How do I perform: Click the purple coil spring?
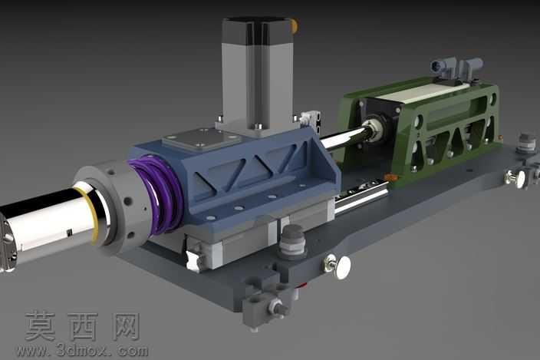click(x=156, y=193)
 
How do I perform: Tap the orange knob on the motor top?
click(x=294, y=26)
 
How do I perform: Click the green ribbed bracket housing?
click(x=423, y=131)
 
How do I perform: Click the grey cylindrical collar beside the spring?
click(x=114, y=206)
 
